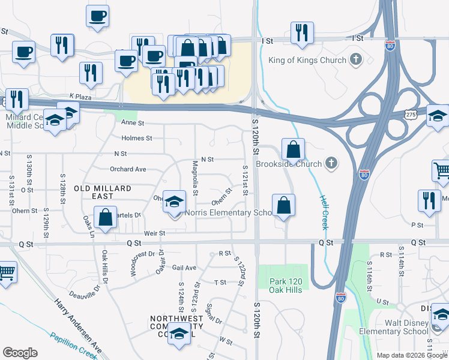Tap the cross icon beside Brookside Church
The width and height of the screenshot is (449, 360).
pyautogui.click(x=331, y=163)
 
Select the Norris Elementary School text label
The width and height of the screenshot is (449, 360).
pyautogui.click(x=230, y=212)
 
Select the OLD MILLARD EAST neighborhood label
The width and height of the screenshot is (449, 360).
pyautogui.click(x=102, y=192)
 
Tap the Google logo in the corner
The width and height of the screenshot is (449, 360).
pyautogui.click(x=20, y=353)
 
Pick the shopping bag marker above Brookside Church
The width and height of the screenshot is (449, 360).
pyautogui.click(x=292, y=149)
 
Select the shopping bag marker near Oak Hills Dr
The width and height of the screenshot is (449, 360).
pyautogui.click(x=105, y=218)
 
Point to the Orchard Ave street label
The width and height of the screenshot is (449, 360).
pyautogui.click(x=128, y=169)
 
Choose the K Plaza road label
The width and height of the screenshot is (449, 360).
pyautogui.click(x=79, y=95)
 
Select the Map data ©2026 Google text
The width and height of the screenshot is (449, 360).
pyautogui.click(x=412, y=355)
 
